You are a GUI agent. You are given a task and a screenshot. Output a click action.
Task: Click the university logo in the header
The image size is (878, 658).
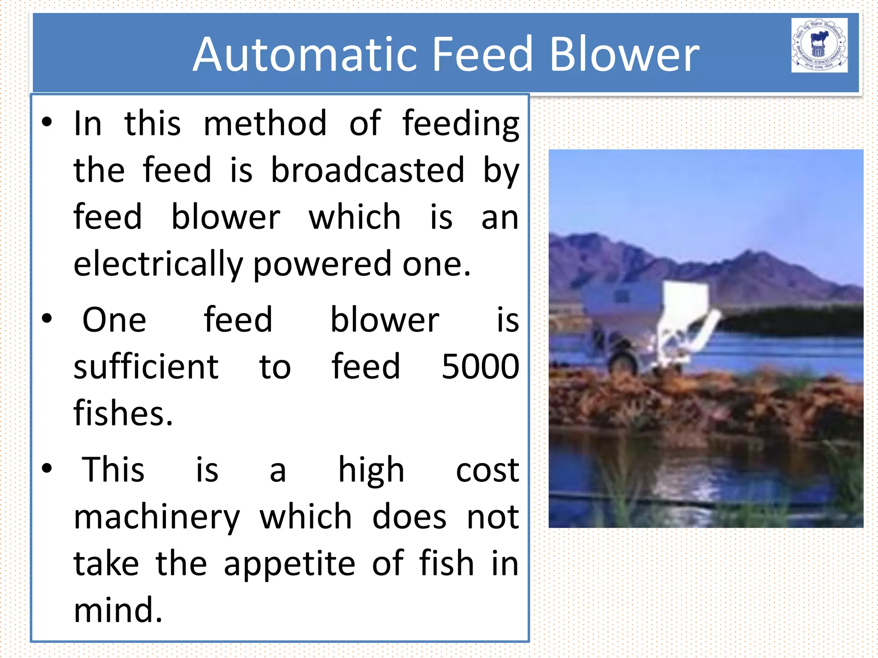click(819, 45)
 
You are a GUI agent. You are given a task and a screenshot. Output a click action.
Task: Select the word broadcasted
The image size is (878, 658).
click(368, 170)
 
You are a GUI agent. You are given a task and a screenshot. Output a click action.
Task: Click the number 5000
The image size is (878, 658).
click(480, 367)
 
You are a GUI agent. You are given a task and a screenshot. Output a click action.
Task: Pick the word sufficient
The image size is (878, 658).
click(146, 367)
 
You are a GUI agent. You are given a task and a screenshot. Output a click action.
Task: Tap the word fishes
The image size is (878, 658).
click(123, 413)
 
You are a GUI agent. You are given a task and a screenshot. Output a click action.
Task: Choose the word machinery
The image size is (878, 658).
click(157, 517)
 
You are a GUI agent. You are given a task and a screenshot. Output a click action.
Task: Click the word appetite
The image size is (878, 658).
click(290, 564)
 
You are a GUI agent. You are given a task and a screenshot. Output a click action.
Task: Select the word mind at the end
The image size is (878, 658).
click(118, 610)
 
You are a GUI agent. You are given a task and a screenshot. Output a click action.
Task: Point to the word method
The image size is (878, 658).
click(265, 123)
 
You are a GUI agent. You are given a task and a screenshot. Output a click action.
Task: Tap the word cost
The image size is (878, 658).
click(487, 470)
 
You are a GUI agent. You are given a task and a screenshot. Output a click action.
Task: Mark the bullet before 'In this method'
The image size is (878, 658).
click(47, 123)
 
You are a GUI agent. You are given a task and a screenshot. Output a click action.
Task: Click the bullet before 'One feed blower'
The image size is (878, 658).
click(47, 319)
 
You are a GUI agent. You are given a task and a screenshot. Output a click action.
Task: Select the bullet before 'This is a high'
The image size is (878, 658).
click(47, 468)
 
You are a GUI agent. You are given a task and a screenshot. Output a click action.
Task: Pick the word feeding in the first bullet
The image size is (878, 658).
click(460, 123)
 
